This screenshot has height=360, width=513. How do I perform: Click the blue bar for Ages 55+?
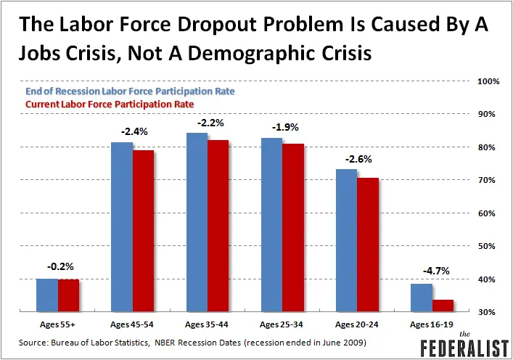[47, 295]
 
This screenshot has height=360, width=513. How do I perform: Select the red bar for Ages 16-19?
[443, 306]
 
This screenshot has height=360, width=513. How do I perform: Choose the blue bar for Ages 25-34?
[272, 225]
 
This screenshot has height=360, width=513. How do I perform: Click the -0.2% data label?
[57, 266]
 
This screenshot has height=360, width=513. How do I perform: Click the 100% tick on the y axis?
[486, 81]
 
